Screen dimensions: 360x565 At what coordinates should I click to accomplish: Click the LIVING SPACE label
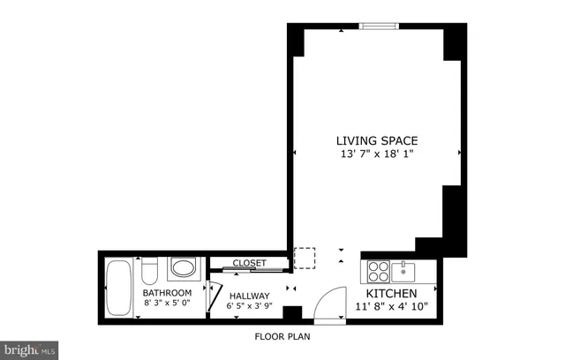coord(376,140)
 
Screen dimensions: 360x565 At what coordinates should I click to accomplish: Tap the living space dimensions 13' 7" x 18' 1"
coord(376,154)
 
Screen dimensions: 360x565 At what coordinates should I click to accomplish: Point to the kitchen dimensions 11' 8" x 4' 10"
coord(392,307)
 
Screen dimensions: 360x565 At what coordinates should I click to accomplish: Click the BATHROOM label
coord(168,293)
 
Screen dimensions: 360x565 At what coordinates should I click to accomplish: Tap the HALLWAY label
coord(249,296)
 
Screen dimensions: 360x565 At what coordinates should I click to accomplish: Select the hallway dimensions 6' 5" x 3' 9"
coord(249,307)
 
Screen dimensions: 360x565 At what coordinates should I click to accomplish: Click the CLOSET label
coord(249,263)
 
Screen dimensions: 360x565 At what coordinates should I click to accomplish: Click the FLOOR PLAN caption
coord(282,336)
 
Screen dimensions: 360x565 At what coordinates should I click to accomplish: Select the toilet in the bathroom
coord(150,268)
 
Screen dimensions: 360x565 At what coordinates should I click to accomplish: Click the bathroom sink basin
coord(184,268)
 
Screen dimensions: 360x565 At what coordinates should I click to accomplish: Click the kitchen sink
coord(404,268)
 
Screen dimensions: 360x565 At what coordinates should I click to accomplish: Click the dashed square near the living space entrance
coord(305,258)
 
